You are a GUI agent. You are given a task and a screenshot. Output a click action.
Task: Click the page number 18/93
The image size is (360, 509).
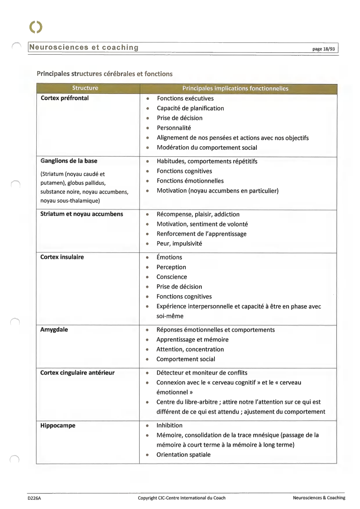(x=323, y=49)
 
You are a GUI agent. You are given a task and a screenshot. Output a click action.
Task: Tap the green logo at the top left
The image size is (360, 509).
(x=36, y=27)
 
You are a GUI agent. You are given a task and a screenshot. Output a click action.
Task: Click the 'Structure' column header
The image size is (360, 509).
(x=85, y=88)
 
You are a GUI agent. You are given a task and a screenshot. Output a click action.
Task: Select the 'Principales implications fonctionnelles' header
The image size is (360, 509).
(x=235, y=88)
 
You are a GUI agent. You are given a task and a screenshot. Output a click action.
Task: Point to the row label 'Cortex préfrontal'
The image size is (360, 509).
(x=64, y=98)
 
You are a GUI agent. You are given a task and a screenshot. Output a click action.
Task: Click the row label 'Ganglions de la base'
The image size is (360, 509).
(x=69, y=161)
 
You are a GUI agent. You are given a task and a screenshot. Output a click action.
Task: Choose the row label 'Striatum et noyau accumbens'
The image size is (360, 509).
(x=82, y=214)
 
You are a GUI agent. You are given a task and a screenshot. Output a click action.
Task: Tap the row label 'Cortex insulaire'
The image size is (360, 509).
(x=62, y=257)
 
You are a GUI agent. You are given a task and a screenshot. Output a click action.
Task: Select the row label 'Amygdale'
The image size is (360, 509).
(x=54, y=330)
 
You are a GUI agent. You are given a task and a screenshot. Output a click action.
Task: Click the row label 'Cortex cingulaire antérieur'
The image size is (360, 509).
(x=77, y=373)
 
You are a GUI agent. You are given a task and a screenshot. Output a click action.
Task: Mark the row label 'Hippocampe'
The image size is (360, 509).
(x=58, y=426)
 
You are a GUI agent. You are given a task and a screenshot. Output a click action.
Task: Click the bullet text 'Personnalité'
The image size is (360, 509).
(x=174, y=128)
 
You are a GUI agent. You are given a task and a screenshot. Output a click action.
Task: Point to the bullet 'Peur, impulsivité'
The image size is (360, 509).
(x=179, y=243)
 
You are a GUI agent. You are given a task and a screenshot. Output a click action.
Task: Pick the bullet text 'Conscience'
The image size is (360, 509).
(x=172, y=277)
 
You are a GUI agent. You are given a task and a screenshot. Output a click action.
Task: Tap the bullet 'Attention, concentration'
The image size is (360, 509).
(x=190, y=349)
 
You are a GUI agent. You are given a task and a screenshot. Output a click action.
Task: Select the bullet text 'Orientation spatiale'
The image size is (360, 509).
(x=183, y=455)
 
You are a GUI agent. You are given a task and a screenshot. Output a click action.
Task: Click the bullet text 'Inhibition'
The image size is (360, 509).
(x=169, y=425)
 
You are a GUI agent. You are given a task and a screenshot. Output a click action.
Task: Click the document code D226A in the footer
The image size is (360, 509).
(x=34, y=498)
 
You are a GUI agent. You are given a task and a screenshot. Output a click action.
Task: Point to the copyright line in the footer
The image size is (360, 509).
(x=182, y=498)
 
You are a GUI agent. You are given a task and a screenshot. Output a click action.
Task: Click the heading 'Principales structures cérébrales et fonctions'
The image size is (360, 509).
(x=104, y=74)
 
